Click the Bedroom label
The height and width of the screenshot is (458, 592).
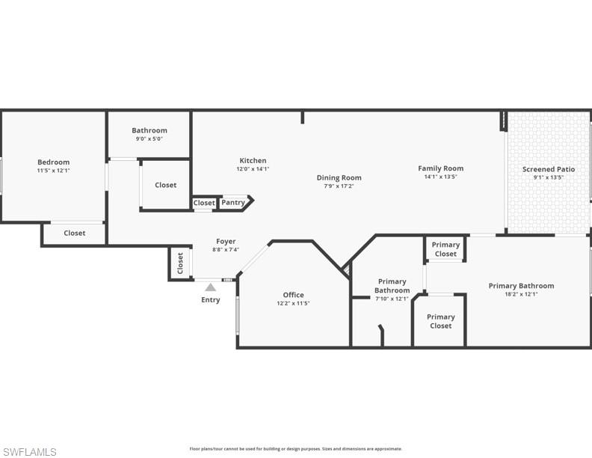[x=53, y=162]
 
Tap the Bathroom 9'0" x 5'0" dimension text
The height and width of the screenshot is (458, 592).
[x=149, y=138]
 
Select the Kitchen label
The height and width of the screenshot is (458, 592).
[x=253, y=160]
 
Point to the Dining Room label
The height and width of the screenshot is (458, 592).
[x=339, y=177]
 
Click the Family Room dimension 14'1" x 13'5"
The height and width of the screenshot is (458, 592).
[x=440, y=177]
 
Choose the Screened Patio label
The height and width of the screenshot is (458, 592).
[x=549, y=169]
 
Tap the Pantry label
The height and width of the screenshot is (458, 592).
[x=233, y=202]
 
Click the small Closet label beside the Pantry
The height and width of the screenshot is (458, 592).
[x=204, y=203]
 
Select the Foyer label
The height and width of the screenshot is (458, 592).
[x=226, y=241]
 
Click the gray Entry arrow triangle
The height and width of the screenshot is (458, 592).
[x=211, y=287]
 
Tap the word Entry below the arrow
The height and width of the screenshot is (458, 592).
[x=211, y=300]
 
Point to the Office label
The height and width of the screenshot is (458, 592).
[x=293, y=294]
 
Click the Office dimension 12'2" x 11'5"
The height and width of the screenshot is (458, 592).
[x=293, y=303]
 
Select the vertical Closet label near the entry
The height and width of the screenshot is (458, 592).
[x=180, y=263]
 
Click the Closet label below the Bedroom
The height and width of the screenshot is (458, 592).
[x=74, y=233]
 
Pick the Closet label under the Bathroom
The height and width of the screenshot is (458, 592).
[x=165, y=185]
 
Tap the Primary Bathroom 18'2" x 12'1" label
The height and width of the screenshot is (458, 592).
[x=521, y=285]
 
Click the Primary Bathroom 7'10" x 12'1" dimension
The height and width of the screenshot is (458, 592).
[x=392, y=299]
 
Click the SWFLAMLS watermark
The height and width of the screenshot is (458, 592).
[x=29, y=452]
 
